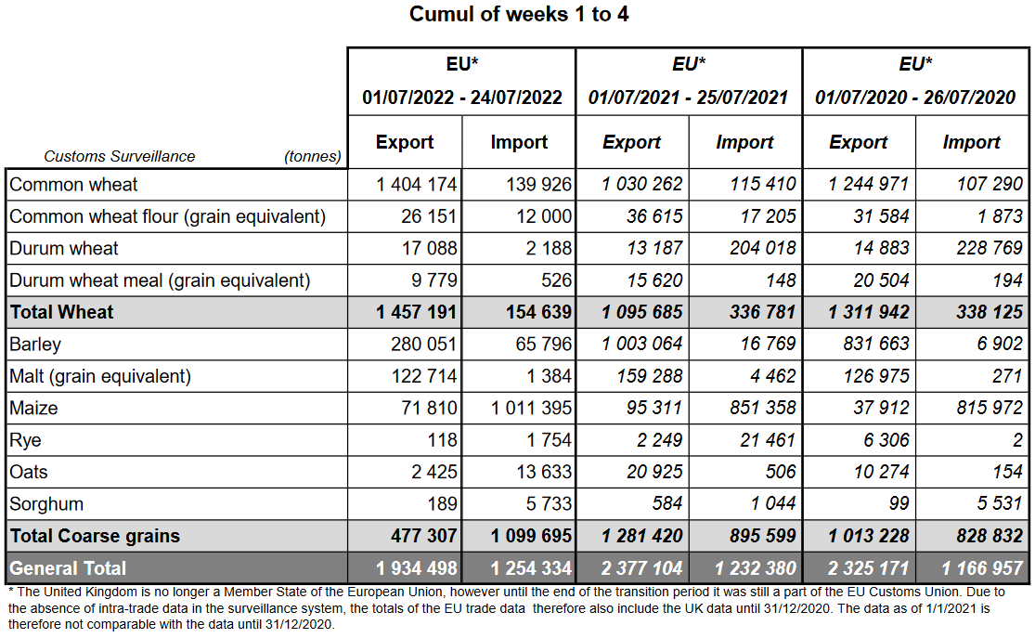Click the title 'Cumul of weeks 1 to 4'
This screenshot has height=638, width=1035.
point(519,15)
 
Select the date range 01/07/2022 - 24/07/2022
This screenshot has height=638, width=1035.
point(462,98)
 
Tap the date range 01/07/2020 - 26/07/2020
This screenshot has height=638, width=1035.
point(915,98)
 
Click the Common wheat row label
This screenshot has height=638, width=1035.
point(73,184)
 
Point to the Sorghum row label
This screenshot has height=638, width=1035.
point(46,504)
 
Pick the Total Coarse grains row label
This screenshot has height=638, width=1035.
point(95,536)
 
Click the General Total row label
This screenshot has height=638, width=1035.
point(68,567)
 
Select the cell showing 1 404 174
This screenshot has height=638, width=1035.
point(417,184)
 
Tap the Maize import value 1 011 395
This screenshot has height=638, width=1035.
point(532,408)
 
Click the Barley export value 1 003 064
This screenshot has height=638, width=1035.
point(642,345)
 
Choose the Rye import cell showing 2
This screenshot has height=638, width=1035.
point(1017,440)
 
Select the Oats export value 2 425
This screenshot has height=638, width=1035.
point(435,472)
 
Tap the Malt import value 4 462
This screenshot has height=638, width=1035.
point(769,376)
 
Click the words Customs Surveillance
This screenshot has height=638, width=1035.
point(120,157)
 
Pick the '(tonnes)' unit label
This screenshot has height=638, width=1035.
point(313,157)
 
